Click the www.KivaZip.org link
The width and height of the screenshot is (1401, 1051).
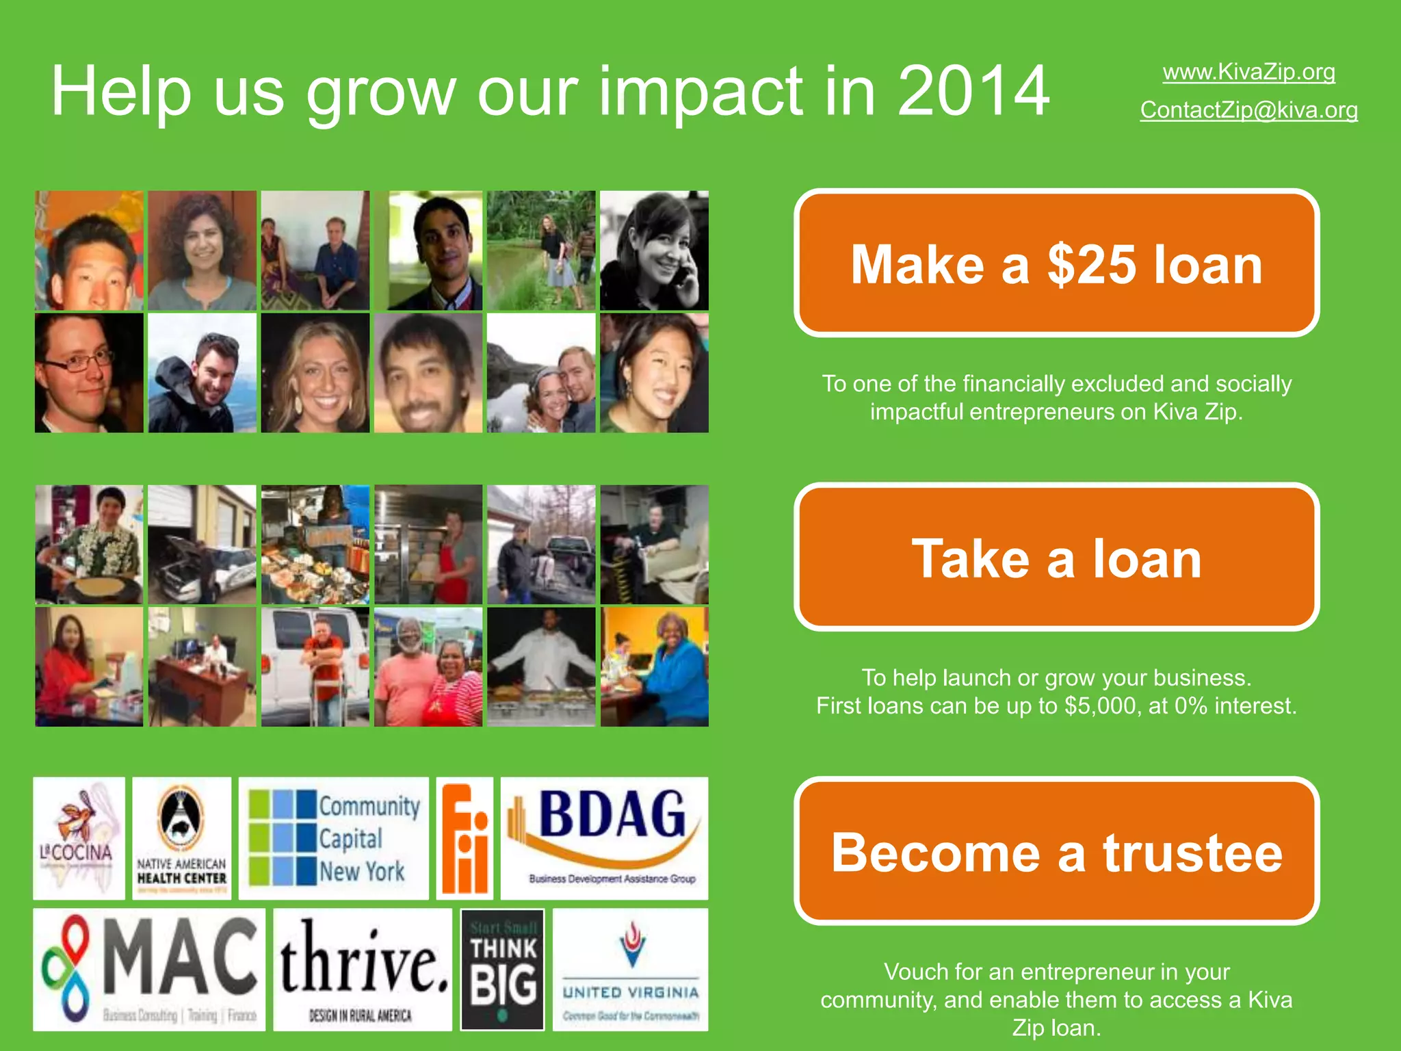pyautogui.click(x=1248, y=72)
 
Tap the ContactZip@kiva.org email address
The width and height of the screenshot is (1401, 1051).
pyautogui.click(x=1248, y=110)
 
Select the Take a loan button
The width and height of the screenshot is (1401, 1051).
pyautogui.click(x=1056, y=558)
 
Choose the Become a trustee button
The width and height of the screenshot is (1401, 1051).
pyautogui.click(x=1056, y=852)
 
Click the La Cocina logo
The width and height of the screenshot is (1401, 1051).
pyautogui.click(x=79, y=838)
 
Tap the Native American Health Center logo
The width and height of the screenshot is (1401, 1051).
pyautogui.click(x=181, y=838)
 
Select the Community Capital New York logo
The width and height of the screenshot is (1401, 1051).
pyautogui.click(x=333, y=838)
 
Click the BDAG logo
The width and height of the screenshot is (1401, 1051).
pyautogui.click(x=605, y=838)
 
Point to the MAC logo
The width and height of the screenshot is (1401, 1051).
pyautogui.click(x=149, y=970)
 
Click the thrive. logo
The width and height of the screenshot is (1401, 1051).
pyautogui.click(x=363, y=970)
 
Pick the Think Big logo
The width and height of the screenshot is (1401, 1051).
pyautogui.click(x=503, y=970)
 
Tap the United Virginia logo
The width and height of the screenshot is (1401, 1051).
pyautogui.click(x=630, y=970)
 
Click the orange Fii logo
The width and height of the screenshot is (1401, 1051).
pyautogui.click(x=464, y=838)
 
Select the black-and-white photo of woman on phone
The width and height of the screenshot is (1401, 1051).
pyautogui.click(x=654, y=250)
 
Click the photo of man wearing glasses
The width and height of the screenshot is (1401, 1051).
pyautogui.click(x=89, y=373)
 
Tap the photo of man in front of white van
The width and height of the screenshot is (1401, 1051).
pyautogui.click(x=315, y=667)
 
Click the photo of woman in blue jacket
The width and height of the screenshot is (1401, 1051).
pyautogui.click(x=654, y=667)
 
